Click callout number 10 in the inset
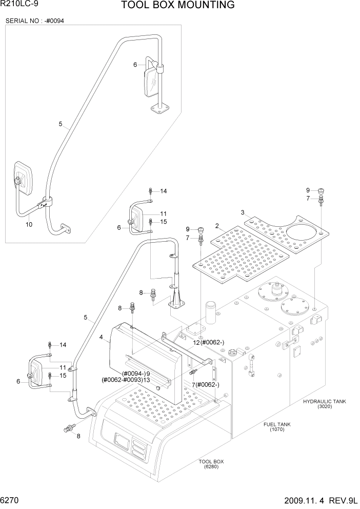[x=29, y=225]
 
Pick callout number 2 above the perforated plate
[x=217, y=225]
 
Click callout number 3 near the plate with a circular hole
[x=242, y=212]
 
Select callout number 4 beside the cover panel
[x=102, y=337]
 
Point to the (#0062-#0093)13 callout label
[x=126, y=380]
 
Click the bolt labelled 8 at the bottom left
[x=68, y=427]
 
